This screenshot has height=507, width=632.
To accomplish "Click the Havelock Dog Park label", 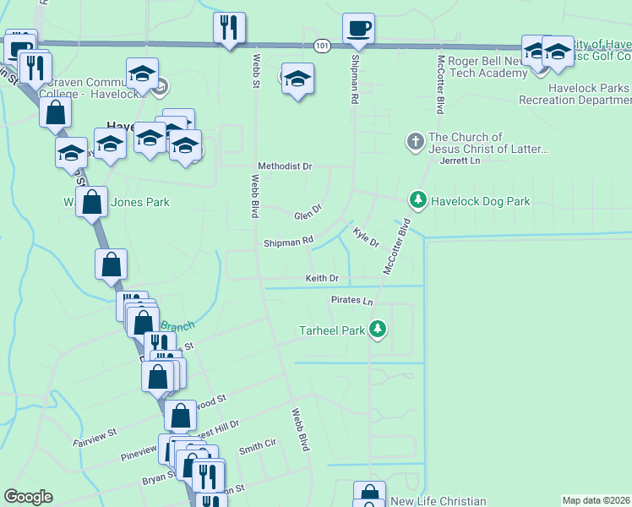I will (x=481, y=201).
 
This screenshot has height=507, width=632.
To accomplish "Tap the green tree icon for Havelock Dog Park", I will (x=417, y=200).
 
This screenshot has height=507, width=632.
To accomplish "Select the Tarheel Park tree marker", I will (x=379, y=330).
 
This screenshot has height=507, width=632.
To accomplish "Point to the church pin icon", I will (x=415, y=141).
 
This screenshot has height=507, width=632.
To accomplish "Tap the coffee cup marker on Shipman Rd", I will (x=358, y=29).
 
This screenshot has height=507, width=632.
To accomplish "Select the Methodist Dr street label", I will (x=285, y=166).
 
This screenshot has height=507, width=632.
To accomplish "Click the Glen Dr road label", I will (x=308, y=210).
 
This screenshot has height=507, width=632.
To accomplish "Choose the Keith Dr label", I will (x=322, y=278).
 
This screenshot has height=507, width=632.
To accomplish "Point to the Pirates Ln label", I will (x=351, y=301).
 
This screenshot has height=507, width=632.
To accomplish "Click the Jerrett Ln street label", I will (x=460, y=161).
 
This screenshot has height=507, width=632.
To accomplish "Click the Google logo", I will (x=28, y=497).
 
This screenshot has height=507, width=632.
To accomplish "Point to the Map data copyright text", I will (x=597, y=500).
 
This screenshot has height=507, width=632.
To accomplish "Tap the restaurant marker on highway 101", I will (x=229, y=28).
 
